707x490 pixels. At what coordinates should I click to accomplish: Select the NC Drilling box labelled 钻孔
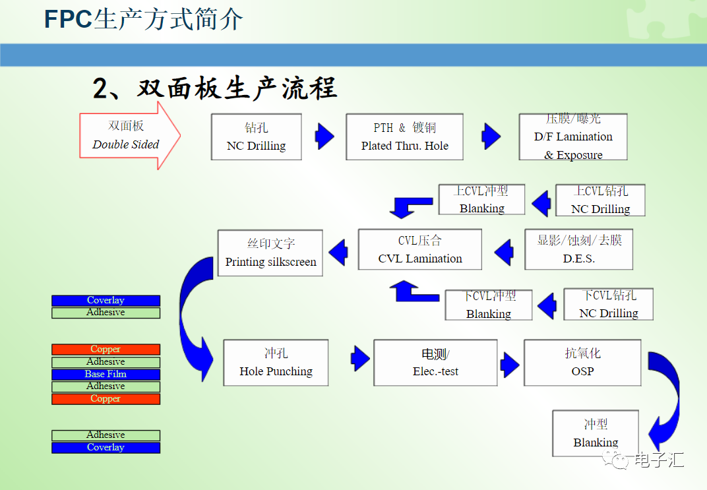coord(256,137)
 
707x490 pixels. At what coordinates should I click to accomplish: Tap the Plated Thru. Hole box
coord(404,137)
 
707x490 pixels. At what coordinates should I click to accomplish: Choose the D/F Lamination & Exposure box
coord(572,137)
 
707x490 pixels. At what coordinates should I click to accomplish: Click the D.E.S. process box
coord(578,249)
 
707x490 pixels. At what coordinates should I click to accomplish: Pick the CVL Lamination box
coord(419,249)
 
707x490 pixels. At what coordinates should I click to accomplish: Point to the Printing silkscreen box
coord(270,253)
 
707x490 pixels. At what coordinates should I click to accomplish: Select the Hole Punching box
coord(276,363)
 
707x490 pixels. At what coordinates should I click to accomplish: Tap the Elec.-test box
coord(435,363)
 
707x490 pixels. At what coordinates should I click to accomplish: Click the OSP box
coord(582,363)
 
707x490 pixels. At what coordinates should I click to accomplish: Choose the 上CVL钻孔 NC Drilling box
coord(600,200)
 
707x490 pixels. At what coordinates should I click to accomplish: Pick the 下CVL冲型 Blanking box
coord(488,305)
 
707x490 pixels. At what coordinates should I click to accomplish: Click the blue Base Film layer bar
coord(106,374)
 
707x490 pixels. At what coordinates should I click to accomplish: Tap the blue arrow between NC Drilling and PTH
coord(324,136)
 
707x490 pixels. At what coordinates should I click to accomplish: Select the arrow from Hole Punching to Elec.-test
coord(360,359)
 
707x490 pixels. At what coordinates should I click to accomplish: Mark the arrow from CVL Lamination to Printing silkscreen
coord(338,251)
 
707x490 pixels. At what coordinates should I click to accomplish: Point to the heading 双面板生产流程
coord(215,88)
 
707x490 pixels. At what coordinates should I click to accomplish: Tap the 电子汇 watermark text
coord(658,460)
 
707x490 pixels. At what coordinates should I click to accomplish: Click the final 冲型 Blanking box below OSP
coord(595,433)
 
